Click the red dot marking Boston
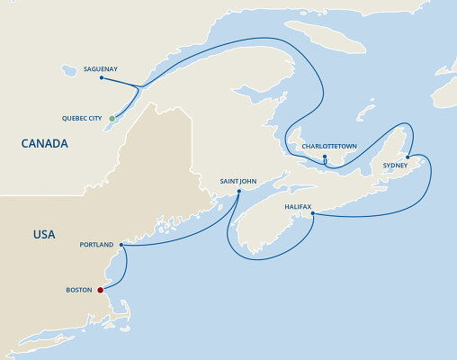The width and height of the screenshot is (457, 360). click(101, 290)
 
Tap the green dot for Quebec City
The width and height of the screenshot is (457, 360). click(112, 118)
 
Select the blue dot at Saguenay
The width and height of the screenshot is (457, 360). click(101, 77)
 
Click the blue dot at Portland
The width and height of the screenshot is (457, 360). click(121, 244)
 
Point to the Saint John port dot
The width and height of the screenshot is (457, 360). click(238, 191)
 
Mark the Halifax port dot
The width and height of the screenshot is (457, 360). click(312, 213)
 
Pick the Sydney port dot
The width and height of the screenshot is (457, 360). click(408, 157)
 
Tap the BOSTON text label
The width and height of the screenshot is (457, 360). click(78, 290)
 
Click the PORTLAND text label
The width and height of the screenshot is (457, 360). click(97, 245)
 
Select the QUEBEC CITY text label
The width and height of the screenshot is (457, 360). click(81, 118)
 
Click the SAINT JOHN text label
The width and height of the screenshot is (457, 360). click(238, 181)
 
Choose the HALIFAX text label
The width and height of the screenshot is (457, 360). click(298, 206)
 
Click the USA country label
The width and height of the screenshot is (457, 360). click(44, 235)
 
